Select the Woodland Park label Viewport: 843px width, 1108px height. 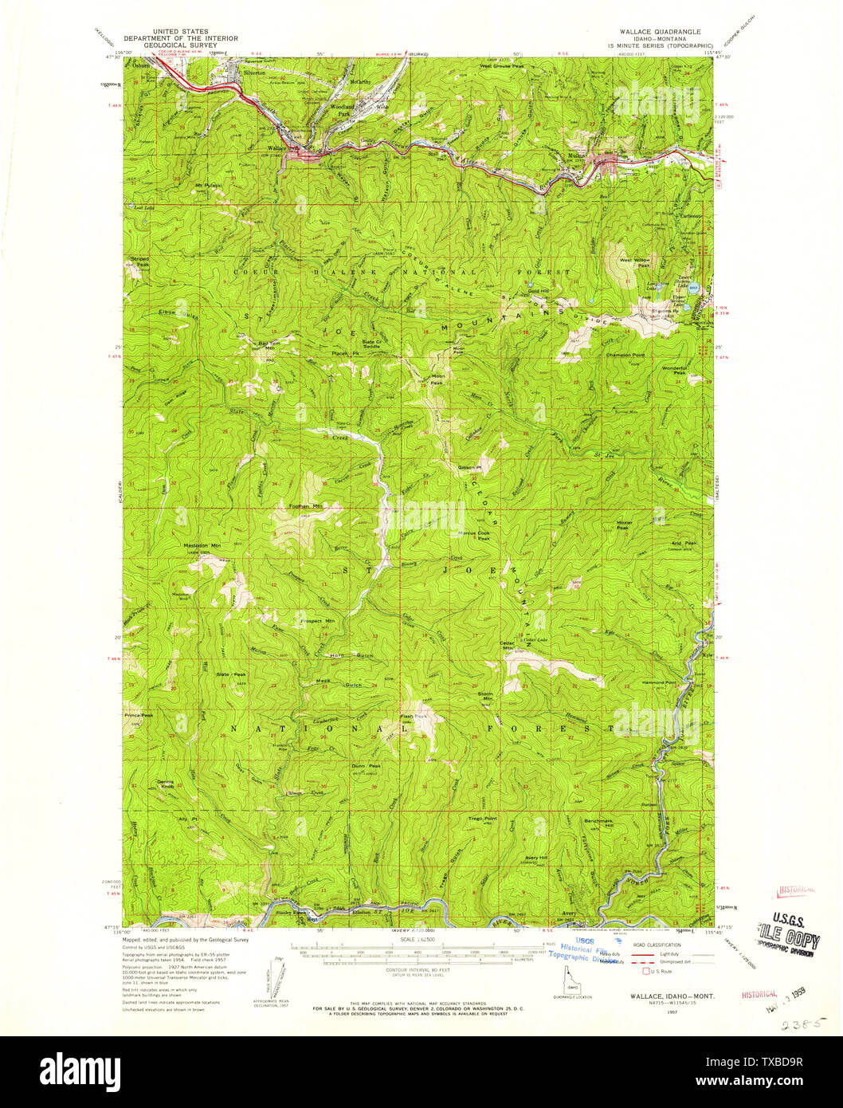339,112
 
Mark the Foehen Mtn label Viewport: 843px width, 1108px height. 305,506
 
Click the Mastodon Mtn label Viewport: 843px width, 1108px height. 202,546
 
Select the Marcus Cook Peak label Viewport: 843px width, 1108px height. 473,536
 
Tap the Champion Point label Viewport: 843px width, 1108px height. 625,356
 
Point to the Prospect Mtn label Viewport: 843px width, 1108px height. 318,620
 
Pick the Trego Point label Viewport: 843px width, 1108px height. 482,819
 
